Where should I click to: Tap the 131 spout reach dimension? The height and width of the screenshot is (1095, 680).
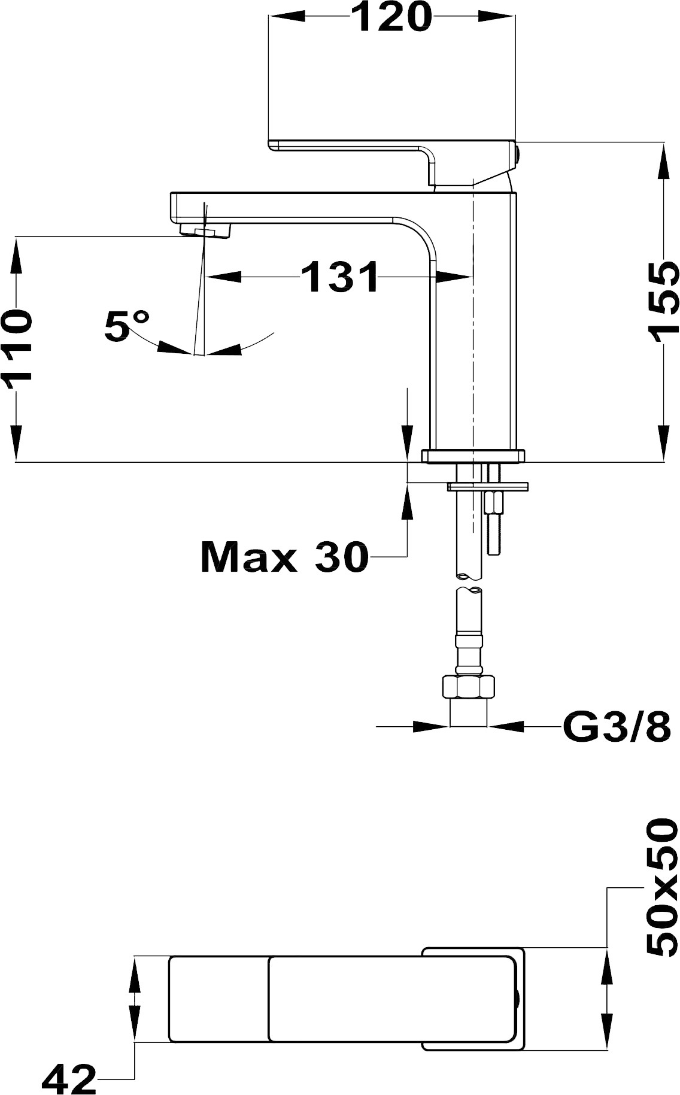click(x=339, y=277)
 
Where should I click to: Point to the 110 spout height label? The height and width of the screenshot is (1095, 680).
click(x=16, y=350)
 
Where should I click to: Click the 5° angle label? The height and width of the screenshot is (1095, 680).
click(x=127, y=326)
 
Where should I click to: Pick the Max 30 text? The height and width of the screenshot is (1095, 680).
click(x=285, y=557)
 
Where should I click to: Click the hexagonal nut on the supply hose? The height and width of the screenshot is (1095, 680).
click(x=468, y=687)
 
